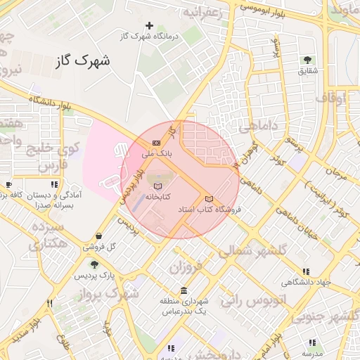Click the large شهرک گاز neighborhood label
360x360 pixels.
tap(82, 62)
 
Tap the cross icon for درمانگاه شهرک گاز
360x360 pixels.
tap(149, 25)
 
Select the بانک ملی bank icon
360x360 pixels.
tap(156, 143)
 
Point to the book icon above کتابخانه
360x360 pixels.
tap(157, 186)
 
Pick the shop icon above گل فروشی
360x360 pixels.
tap(98, 236)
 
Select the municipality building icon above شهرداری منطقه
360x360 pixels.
tap(184, 291)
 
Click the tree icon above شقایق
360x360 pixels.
tap(307, 60)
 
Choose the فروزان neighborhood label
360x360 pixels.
tap(186, 268)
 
